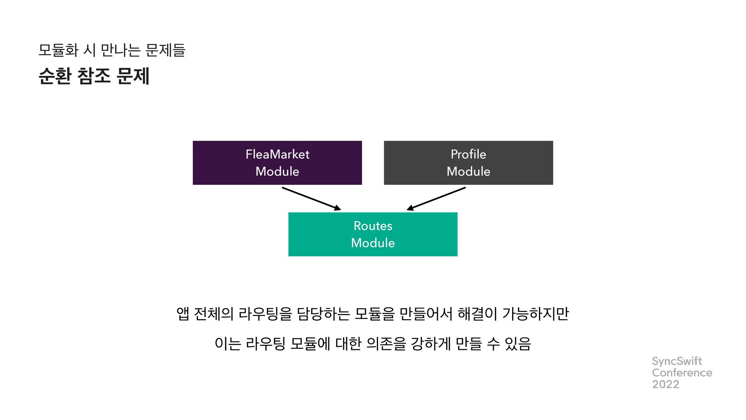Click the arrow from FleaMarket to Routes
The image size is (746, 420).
(x=311, y=198)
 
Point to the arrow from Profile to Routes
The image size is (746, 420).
(x=436, y=198)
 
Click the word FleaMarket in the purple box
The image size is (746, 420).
(x=277, y=154)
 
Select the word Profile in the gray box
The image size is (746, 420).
(x=468, y=154)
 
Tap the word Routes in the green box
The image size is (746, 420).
(x=373, y=226)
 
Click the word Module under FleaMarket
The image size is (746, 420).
(x=277, y=171)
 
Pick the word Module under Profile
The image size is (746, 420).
(x=468, y=171)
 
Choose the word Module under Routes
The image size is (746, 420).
(x=373, y=243)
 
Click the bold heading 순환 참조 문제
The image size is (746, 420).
(x=94, y=76)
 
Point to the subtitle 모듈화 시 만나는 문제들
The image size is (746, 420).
(x=112, y=50)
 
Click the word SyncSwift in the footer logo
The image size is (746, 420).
(x=677, y=361)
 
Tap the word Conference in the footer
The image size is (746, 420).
(x=682, y=373)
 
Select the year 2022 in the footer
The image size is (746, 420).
(x=666, y=384)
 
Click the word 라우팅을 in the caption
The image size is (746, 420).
(x=265, y=313)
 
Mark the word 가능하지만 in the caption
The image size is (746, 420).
(x=535, y=313)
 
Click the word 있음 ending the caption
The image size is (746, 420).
(x=518, y=344)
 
